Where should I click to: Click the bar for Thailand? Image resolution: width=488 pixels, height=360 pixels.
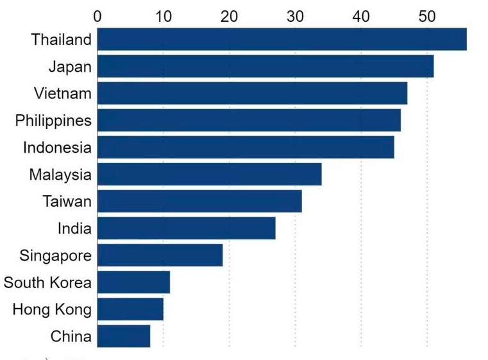tap(282, 39)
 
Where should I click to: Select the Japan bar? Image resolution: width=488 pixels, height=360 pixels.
tap(265, 66)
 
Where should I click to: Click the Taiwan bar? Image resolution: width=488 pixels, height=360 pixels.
tap(199, 201)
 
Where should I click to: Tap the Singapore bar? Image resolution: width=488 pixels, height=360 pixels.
tap(160, 255)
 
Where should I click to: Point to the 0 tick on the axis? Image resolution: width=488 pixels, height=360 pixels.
tap(97, 14)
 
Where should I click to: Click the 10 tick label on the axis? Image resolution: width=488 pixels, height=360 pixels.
tap(163, 14)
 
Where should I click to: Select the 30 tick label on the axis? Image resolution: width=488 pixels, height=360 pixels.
tap(295, 14)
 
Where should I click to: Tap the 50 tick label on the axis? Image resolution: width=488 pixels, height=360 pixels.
tap(427, 14)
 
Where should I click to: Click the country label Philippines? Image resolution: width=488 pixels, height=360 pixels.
tap(53, 121)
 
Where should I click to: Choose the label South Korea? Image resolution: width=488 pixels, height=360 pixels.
tap(47, 282)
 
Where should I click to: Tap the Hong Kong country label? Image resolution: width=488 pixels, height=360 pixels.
tap(52, 309)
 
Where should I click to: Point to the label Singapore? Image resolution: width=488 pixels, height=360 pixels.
tap(55, 255)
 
